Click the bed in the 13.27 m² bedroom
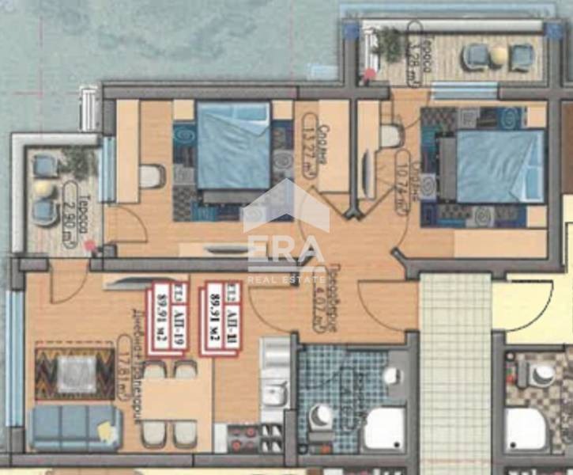tap(233, 146)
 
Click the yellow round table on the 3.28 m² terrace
tap(499, 55)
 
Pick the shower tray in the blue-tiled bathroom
tap(385, 428)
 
